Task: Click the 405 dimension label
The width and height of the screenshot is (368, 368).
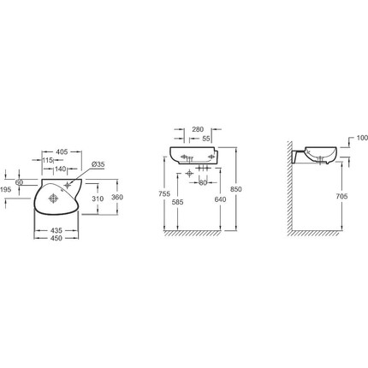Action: pos(62,151)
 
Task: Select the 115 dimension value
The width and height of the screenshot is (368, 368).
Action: pos(48,160)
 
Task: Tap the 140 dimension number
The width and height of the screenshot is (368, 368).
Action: pos(61,169)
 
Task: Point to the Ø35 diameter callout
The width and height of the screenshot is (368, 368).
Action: pos(98,164)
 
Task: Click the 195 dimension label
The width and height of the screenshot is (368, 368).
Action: pos(6,189)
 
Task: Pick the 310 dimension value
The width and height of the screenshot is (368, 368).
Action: pos(98,199)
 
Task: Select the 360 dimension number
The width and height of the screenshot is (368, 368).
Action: pos(117,197)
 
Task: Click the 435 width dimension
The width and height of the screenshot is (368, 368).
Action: pos(56,230)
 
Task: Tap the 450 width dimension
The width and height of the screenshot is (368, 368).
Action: pos(56,238)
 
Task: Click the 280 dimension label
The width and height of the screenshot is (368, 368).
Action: pos(198,129)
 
